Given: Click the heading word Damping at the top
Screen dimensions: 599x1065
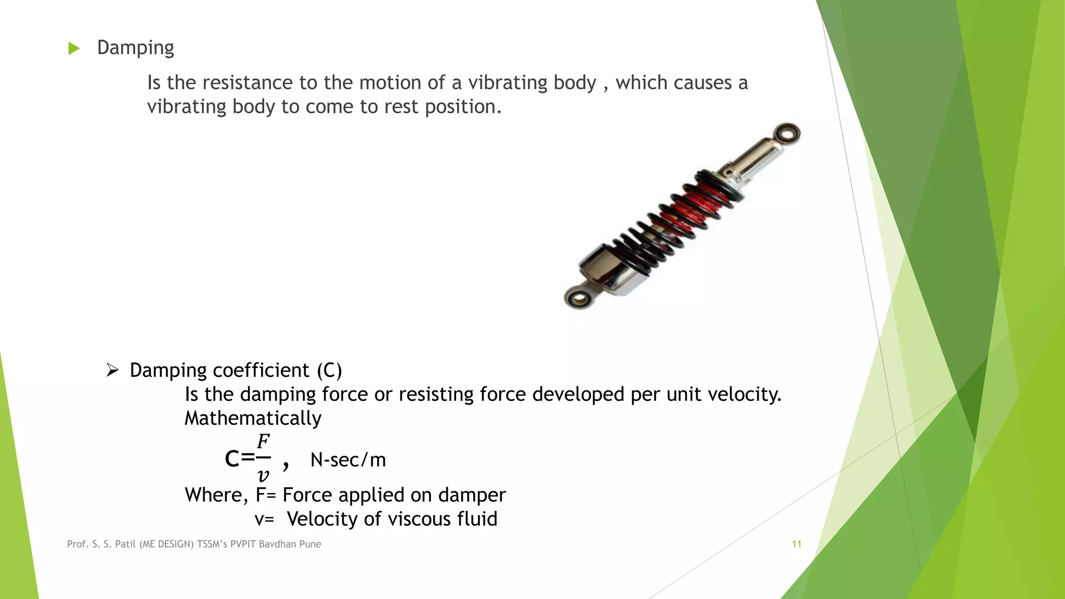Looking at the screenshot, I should pyautogui.click(x=135, y=48).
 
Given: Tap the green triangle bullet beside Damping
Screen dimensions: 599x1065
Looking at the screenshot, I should pyautogui.click(x=74, y=48).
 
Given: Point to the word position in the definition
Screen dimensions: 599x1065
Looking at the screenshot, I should pyautogui.click(x=463, y=107).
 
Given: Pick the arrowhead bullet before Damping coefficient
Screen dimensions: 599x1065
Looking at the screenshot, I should pyautogui.click(x=112, y=370).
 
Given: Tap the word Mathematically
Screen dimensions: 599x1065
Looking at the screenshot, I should pyautogui.click(x=253, y=418).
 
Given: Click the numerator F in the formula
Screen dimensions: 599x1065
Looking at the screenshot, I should pyautogui.click(x=263, y=441).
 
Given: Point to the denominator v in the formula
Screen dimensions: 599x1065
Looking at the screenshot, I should pyautogui.click(x=263, y=475).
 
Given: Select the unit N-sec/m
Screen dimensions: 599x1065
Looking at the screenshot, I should pyautogui.click(x=348, y=460).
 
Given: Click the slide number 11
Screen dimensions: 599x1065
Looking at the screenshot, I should pyautogui.click(x=796, y=544).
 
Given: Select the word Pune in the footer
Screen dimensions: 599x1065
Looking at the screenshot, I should pyautogui.click(x=310, y=544).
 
